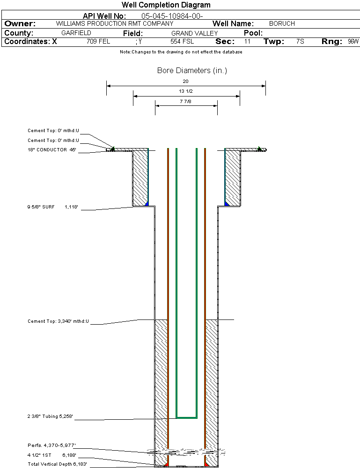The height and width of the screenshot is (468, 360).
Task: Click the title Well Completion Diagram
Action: (166, 5)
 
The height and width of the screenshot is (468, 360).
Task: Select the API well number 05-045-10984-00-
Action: (172, 16)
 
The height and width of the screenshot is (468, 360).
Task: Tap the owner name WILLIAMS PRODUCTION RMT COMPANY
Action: (115, 23)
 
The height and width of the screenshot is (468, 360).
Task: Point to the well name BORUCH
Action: (282, 23)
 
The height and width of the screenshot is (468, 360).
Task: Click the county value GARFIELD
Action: (76, 33)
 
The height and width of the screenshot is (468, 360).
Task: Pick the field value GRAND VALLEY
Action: (195, 33)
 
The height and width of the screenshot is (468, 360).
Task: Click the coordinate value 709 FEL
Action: (98, 42)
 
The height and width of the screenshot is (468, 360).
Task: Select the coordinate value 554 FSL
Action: (182, 42)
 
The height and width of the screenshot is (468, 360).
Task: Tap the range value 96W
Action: (353, 42)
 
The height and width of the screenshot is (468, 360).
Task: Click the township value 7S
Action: (300, 42)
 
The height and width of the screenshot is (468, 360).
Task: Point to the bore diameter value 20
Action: (186, 81)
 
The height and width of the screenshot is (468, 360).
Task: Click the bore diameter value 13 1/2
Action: (186, 91)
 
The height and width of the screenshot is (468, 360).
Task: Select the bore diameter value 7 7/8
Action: (186, 101)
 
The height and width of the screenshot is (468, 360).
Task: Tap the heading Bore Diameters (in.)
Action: (192, 71)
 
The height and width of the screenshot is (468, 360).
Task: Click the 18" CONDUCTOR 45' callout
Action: (52, 150)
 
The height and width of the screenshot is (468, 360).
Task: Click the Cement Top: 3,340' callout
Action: (59, 321)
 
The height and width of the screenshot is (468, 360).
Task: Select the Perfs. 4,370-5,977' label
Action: (52, 445)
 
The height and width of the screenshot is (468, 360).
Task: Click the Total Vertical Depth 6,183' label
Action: (58, 464)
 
